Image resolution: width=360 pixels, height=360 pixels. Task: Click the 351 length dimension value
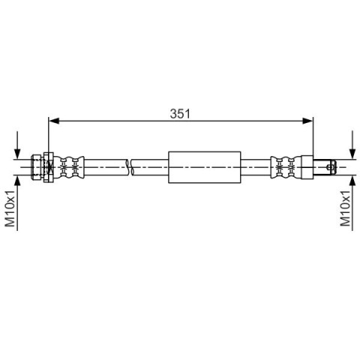[x=180, y=114]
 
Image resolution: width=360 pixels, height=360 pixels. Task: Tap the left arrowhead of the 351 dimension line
[x=53, y=121]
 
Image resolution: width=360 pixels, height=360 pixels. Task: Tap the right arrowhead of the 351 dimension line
[x=307, y=121]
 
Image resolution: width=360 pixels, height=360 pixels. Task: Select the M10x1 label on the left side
[x=10, y=208]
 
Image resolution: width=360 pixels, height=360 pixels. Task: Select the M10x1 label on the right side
[x=346, y=208]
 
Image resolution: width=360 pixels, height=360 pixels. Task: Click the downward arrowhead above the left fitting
[x=17, y=153]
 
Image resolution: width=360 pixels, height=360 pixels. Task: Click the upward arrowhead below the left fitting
[x=17, y=181]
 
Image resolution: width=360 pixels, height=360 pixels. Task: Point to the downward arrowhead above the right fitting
[x=352, y=153]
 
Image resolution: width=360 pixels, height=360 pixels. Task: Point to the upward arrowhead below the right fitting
[x=352, y=181]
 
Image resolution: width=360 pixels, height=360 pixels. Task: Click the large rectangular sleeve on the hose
[x=205, y=167]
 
